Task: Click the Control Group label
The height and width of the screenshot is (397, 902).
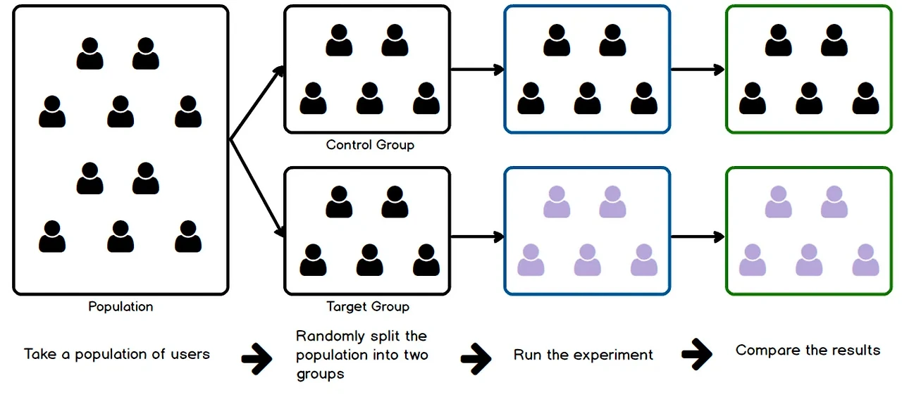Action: tap(370, 145)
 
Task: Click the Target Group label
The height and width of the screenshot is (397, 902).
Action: tap(367, 306)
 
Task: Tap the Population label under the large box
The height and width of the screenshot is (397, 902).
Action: tap(121, 306)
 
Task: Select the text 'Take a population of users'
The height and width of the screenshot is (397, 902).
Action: tap(117, 354)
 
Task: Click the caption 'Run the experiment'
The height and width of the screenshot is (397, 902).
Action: tap(583, 355)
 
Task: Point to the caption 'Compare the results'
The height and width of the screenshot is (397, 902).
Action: tap(808, 350)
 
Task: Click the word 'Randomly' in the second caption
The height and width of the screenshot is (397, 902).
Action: tap(327, 336)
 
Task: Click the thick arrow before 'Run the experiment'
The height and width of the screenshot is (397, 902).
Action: tap(476, 358)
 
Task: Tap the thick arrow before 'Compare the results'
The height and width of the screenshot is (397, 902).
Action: tap(696, 355)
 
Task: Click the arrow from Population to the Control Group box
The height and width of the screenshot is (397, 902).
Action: tap(257, 103)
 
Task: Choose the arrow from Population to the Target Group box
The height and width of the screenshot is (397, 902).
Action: tap(257, 186)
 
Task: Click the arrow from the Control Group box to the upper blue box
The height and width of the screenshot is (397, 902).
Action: tap(477, 70)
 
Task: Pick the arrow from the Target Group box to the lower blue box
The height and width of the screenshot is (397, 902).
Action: tap(477, 237)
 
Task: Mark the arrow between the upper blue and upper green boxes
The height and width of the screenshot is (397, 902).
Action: tap(698, 70)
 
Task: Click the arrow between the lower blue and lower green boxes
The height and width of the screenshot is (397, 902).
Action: tap(698, 237)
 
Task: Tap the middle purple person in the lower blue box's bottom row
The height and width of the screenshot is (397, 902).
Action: tap(587, 260)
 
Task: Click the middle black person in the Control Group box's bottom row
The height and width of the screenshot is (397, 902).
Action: tap(369, 99)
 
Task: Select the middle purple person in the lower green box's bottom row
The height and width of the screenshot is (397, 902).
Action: tap(808, 260)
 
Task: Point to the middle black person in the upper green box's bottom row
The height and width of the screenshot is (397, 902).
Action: tap(808, 99)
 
